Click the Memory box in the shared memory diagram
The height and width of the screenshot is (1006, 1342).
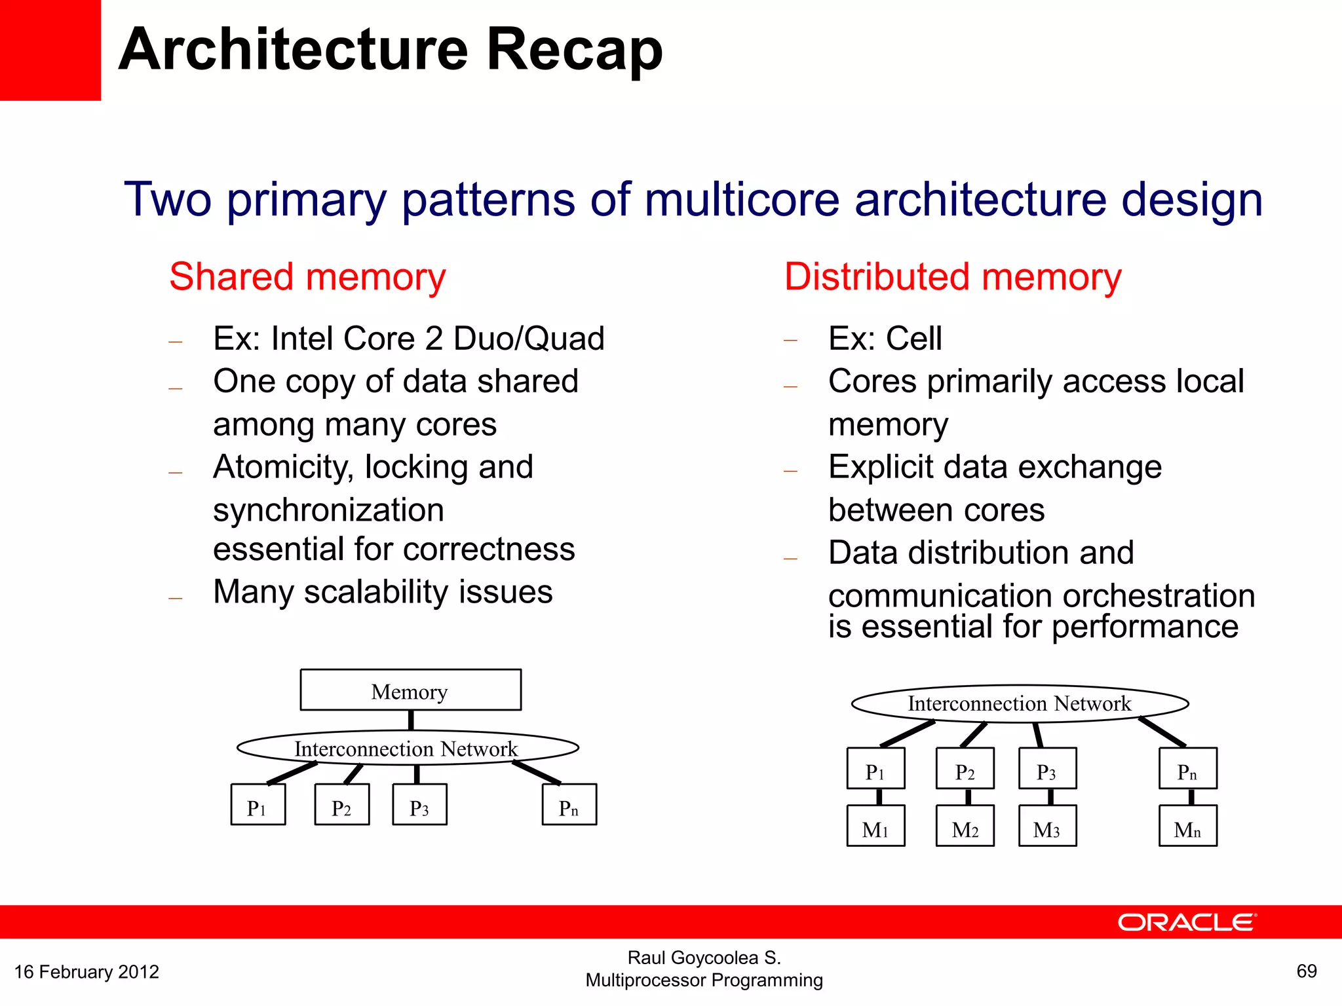pos(410,690)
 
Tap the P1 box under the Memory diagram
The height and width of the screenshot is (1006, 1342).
pos(258,805)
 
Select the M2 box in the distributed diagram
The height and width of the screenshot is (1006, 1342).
pos(965,827)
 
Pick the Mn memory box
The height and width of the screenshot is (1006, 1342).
pos(1187,827)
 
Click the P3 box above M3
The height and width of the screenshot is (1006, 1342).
pos(1047,769)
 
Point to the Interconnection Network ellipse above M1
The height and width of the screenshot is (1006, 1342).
pos(1019,704)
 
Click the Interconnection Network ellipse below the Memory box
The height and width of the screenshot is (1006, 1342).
pos(407,748)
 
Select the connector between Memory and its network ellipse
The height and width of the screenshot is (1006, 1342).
pos(411,720)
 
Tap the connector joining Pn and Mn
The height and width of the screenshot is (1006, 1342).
pos(1191,797)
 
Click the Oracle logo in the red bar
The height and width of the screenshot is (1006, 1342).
pos(1187,923)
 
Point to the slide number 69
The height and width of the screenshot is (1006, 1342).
pos(1307,971)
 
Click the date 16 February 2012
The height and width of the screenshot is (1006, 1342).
pos(86,972)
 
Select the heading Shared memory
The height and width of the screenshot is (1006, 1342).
pos(307,276)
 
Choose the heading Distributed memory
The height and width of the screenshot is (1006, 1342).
pos(953,276)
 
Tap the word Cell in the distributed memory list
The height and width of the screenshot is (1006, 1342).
pos(913,339)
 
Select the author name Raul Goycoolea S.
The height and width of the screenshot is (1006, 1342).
pos(704,958)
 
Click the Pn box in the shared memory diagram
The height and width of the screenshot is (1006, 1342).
pos(569,805)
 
